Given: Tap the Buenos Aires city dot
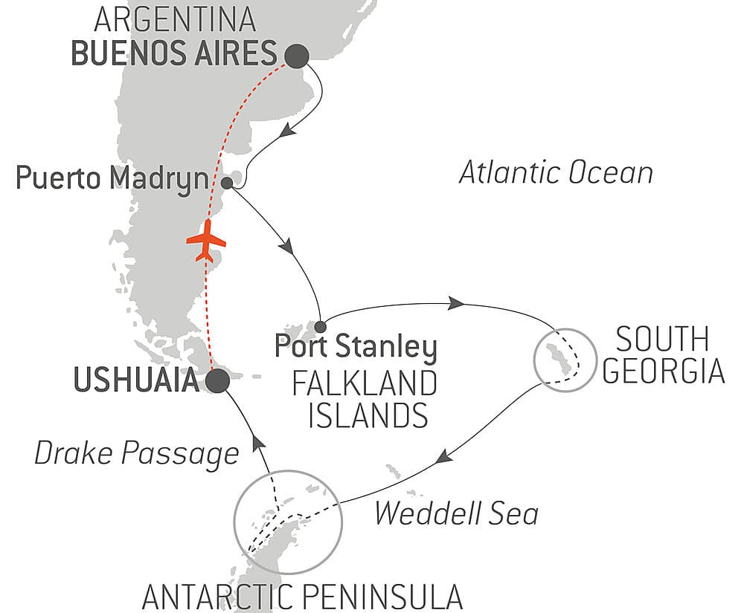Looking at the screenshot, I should click(x=296, y=55).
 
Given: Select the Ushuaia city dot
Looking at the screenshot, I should click(x=217, y=381).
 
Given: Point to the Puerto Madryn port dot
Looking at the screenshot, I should click(x=227, y=181).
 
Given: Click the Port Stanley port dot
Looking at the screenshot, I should click(x=320, y=326).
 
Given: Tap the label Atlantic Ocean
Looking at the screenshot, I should click(x=556, y=173).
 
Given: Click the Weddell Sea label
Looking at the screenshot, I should click(x=456, y=513).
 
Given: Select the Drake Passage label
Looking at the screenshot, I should click(x=137, y=453).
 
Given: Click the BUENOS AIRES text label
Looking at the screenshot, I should click(x=175, y=54).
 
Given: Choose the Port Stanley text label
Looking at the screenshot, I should click(x=356, y=347).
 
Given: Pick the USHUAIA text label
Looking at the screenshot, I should click(x=136, y=381).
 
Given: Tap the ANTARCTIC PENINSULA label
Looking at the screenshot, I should click(x=302, y=596).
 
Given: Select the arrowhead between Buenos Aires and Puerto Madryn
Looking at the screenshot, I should click(x=289, y=131).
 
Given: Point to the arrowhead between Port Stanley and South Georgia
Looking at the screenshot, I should click(x=455, y=303).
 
